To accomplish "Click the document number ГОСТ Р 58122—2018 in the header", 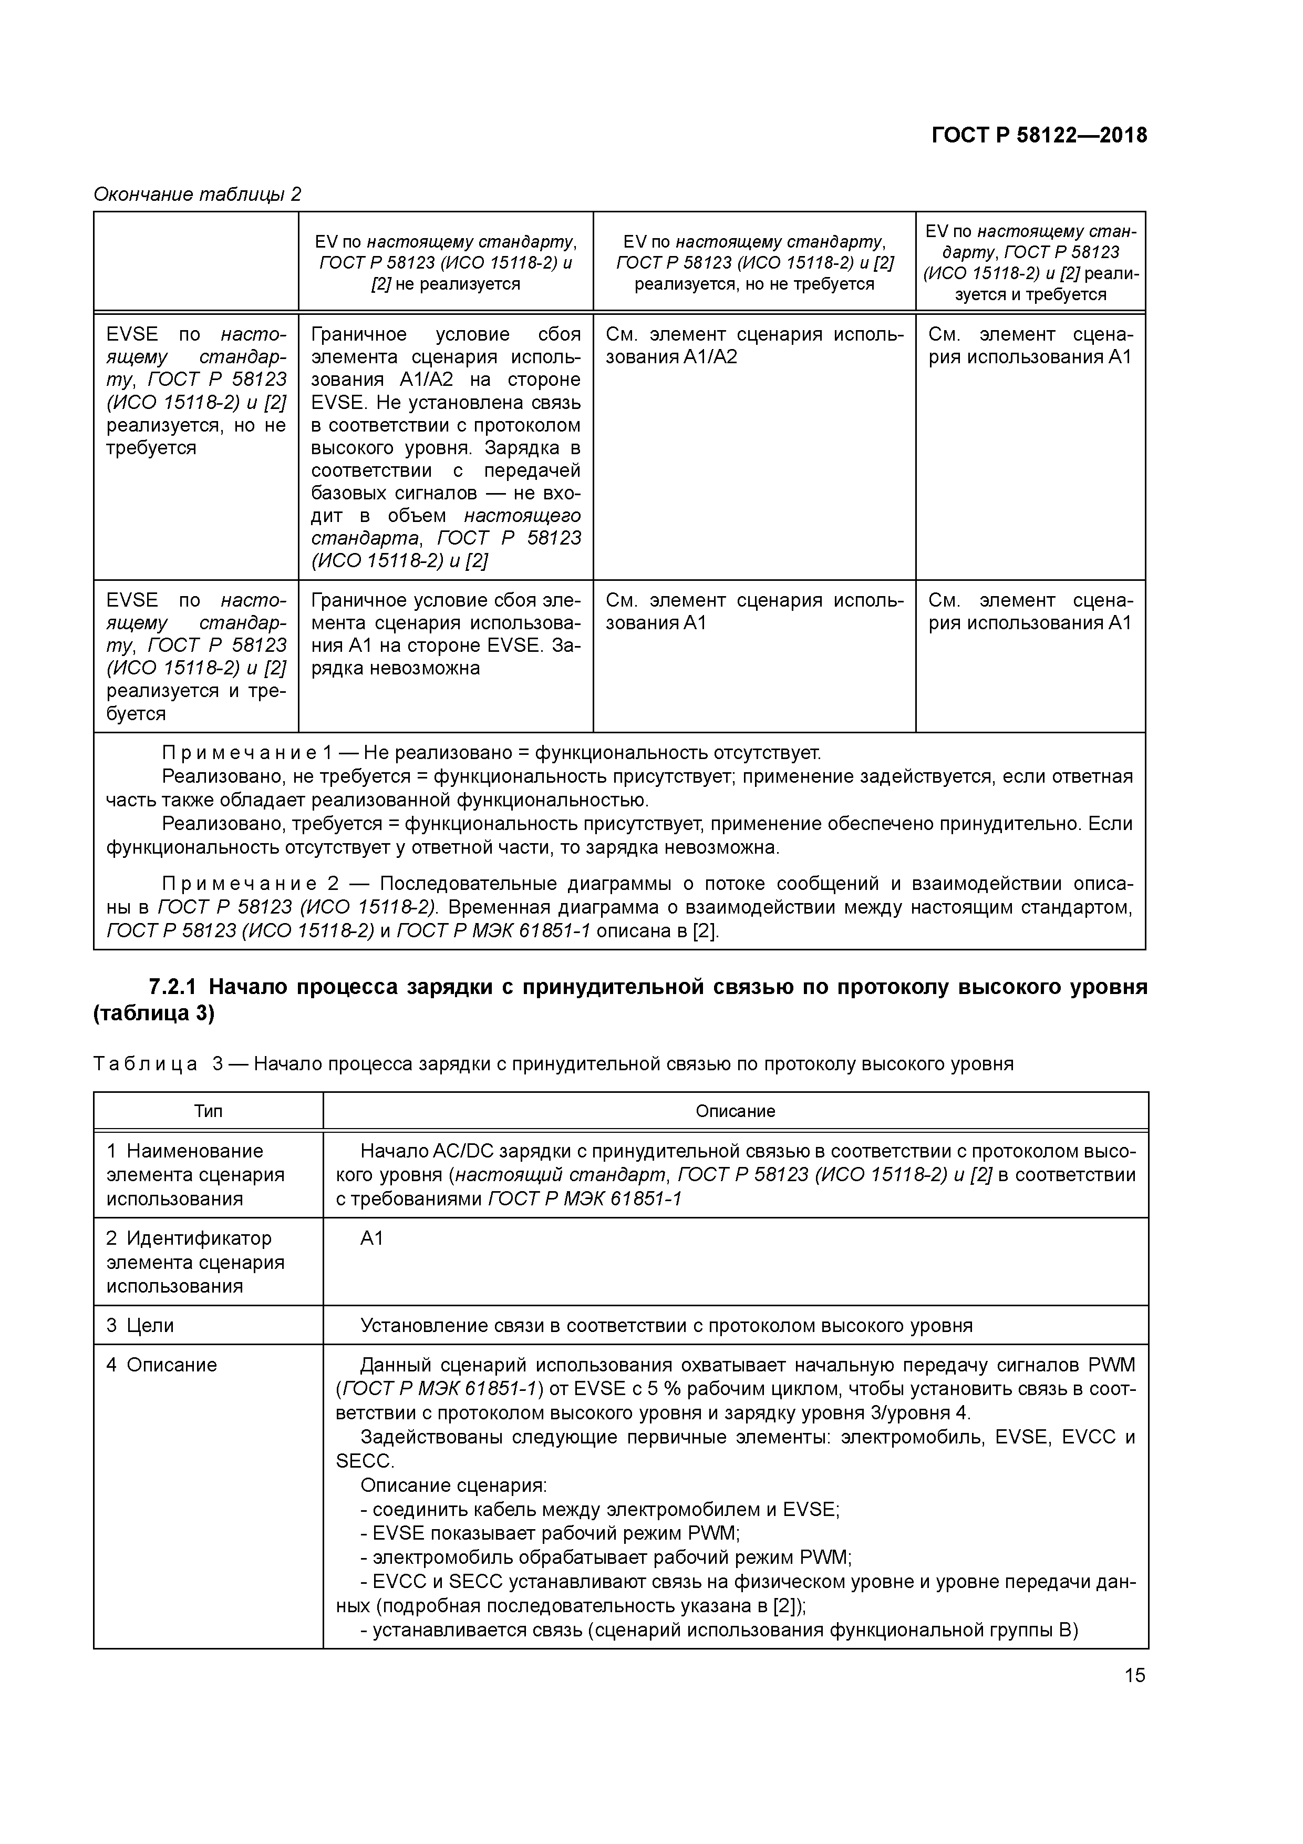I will [x=1039, y=135].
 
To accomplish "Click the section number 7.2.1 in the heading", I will [x=176, y=987].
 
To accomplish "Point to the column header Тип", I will [x=208, y=1112].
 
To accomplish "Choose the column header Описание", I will [x=736, y=1112].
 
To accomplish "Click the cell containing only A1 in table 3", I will [x=373, y=1238].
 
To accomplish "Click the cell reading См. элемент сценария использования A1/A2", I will [x=754, y=345].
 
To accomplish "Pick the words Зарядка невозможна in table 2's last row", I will [x=395, y=668].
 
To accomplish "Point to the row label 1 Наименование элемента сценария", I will [x=195, y=1175].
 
